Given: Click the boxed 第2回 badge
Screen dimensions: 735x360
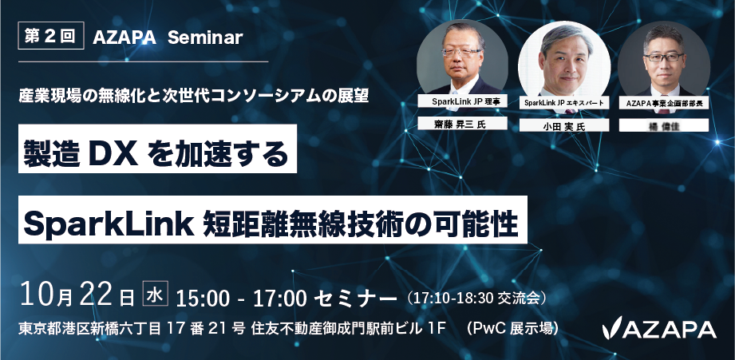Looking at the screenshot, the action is tap(51, 36).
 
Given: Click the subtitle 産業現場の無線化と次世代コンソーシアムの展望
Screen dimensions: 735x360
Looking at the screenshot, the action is tap(194, 96).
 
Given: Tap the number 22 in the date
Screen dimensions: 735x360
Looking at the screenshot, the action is tap(96, 295).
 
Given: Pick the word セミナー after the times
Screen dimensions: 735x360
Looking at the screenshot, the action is tap(356, 298).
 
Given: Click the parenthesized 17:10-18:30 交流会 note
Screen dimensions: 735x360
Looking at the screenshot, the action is tap(476, 298).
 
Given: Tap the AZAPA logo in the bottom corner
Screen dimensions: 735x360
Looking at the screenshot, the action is tap(659, 329).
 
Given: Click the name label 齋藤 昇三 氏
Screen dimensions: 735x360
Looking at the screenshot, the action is tap(463, 125).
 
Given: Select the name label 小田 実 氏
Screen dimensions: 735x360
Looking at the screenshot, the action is tap(564, 125).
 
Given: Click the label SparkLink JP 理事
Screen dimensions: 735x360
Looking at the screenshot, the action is tap(463, 101).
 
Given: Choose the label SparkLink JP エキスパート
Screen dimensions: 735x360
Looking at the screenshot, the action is tap(564, 103).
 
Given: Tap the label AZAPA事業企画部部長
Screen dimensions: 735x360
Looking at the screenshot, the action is tap(664, 103).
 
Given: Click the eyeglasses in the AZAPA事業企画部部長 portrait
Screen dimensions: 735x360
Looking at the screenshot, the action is tap(664, 57).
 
